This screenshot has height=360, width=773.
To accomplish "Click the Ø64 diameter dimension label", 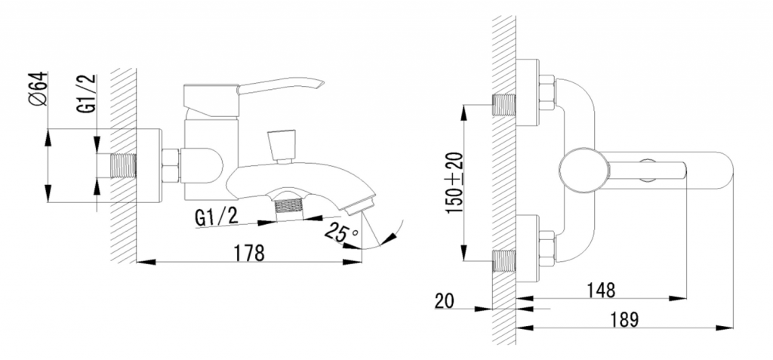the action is click(x=38, y=89).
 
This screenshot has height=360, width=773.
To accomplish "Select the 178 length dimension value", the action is click(x=249, y=253).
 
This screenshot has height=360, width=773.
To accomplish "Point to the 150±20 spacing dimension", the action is click(x=454, y=183).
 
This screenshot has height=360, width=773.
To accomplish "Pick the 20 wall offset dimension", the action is click(x=445, y=301).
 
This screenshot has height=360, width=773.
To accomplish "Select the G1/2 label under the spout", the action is click(x=217, y=217).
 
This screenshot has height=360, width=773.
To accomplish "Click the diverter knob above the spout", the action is click(x=282, y=146).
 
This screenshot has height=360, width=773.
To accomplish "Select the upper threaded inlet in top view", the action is click(x=504, y=105).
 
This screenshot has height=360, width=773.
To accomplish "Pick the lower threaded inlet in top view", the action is click(x=504, y=260).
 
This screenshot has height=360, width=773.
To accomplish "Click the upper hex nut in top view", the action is click(x=547, y=92).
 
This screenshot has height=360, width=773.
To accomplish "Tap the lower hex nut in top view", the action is click(x=547, y=248).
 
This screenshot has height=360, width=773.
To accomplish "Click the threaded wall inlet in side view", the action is click(x=122, y=166).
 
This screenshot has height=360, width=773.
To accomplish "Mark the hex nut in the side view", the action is click(x=171, y=166).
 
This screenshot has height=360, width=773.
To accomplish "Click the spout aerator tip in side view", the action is click(x=360, y=205).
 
